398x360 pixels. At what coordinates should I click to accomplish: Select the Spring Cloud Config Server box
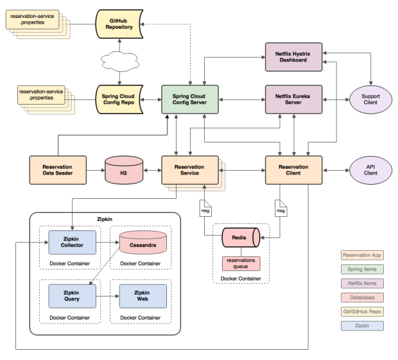click(189, 99)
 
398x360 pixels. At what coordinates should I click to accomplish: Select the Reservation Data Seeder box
click(58, 170)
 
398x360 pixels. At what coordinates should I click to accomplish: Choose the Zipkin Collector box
click(71, 243)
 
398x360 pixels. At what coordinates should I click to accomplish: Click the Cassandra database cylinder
click(143, 243)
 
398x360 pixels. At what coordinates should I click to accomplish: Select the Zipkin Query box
click(71, 295)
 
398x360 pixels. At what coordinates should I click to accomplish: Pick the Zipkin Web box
click(143, 295)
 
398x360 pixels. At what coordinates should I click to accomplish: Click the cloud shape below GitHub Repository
click(119, 62)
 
